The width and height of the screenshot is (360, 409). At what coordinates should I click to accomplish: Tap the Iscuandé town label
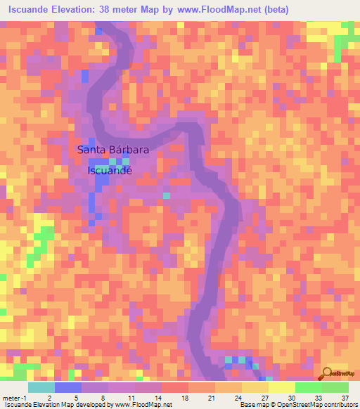tap(109, 169)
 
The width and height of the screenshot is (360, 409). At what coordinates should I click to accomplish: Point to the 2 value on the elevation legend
tap(49, 398)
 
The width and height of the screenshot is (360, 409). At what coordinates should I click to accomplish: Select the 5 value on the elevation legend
tap(75, 398)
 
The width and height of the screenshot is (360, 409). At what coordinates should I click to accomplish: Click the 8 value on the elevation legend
tap(102, 398)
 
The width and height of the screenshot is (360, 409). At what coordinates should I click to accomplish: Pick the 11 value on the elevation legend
tap(129, 398)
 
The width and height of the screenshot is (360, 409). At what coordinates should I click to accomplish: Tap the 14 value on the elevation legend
tap(155, 398)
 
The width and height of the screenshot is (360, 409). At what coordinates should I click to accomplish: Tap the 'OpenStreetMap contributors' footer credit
tap(321, 405)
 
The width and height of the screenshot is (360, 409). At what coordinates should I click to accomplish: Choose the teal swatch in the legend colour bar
tap(41, 387)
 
